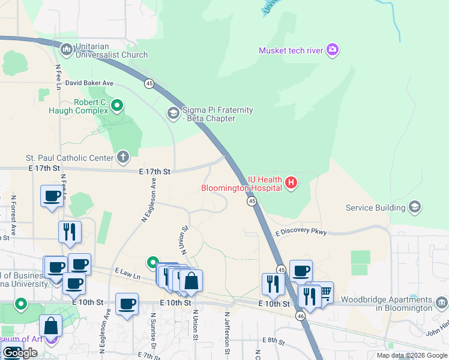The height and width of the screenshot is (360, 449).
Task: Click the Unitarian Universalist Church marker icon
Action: [x=66, y=47]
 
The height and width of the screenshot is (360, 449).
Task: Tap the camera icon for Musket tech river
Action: [x=333, y=50]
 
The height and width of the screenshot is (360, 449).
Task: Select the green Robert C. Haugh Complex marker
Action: [x=117, y=107]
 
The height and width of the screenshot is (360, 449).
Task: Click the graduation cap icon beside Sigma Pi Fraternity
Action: [x=173, y=113]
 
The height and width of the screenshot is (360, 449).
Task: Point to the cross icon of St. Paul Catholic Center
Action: [x=123, y=158]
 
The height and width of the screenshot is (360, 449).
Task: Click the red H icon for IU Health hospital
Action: [x=291, y=182]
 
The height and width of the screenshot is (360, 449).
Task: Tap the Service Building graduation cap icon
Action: [x=414, y=208]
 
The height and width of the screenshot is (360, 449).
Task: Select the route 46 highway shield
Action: [x=301, y=315]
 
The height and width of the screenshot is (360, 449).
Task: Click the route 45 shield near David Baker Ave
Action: [x=149, y=83]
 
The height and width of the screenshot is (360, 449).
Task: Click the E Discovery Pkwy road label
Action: [x=301, y=232]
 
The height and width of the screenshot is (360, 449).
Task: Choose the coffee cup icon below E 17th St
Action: [x=52, y=196]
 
